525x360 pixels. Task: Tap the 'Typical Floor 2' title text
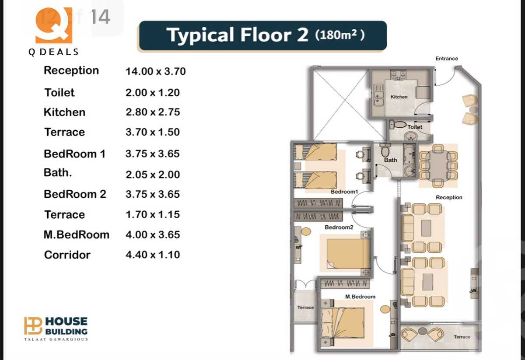pos(238,35)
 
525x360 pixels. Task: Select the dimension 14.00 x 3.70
pos(155,71)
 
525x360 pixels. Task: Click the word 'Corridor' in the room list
pos(67,255)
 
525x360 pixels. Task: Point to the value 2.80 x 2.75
pos(153,112)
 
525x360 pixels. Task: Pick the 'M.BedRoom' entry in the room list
pos(76,234)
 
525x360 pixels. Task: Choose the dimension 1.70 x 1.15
pos(153,215)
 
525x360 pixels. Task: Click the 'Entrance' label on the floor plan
pos(447,59)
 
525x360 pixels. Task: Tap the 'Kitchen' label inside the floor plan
pos(399,97)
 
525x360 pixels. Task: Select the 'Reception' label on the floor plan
pos(449,197)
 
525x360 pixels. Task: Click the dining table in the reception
pos(438,165)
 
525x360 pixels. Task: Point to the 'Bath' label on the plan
pos(390,160)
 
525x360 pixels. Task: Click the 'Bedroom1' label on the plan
pos(344,192)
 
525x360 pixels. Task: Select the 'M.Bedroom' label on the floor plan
pos(360,297)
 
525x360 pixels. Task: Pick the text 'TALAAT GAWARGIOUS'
pos(56,339)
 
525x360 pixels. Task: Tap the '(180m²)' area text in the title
pos(339,35)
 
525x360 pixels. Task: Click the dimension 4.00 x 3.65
pos(153,234)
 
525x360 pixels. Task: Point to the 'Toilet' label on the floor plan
pos(415,127)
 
